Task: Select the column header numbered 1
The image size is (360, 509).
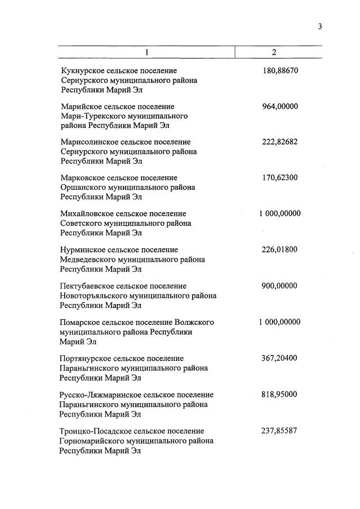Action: coord(147,52)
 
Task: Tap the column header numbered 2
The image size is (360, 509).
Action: coord(274,52)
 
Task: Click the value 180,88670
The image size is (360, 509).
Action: coord(280,71)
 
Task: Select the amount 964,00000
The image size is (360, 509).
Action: coord(280,106)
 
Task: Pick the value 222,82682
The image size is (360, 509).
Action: coord(280,142)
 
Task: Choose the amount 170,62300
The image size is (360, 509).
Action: coord(280,178)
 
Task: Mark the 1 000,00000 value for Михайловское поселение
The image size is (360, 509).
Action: coord(279,214)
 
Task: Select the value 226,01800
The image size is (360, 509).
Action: coord(280,249)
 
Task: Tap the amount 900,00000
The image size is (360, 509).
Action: coord(280,286)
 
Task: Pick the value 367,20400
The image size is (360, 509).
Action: coord(280,358)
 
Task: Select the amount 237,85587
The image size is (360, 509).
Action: coord(280,431)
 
